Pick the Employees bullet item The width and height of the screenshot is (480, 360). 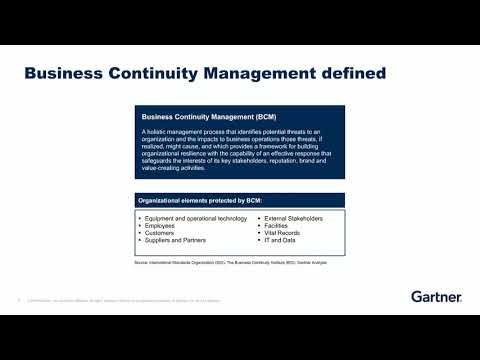pos(161,225)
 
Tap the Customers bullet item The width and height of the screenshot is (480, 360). pos(161,233)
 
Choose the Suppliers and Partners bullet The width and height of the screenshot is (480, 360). pos(177,241)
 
